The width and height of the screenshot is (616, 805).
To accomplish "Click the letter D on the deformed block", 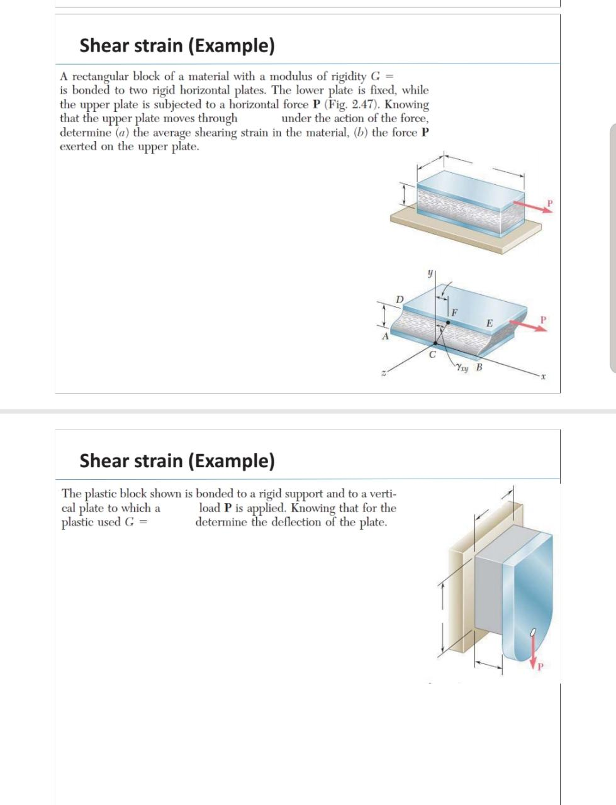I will coord(398,299).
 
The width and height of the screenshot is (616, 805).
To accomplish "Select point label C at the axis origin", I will coord(432,354).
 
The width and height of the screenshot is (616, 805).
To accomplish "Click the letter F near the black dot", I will coord(454,312).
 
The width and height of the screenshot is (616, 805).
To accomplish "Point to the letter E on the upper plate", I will coord(489,323).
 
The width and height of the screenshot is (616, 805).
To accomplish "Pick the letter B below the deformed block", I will coord(479,368).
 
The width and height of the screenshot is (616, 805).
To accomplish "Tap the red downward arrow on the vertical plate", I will coord(534,648).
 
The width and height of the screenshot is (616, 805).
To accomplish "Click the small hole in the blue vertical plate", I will coord(533,631).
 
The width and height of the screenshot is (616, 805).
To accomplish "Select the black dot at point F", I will coord(447,321).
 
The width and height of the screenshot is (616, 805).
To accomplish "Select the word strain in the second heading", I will coord(160,460).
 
